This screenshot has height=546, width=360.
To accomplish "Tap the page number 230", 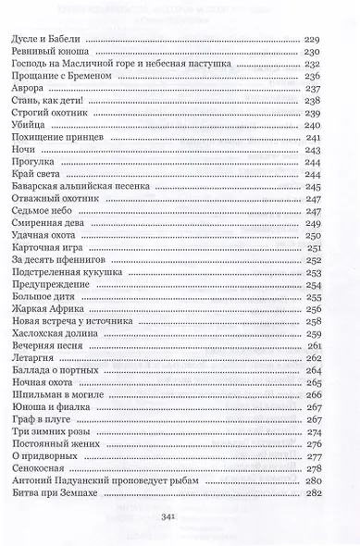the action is (x=311, y=54).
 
